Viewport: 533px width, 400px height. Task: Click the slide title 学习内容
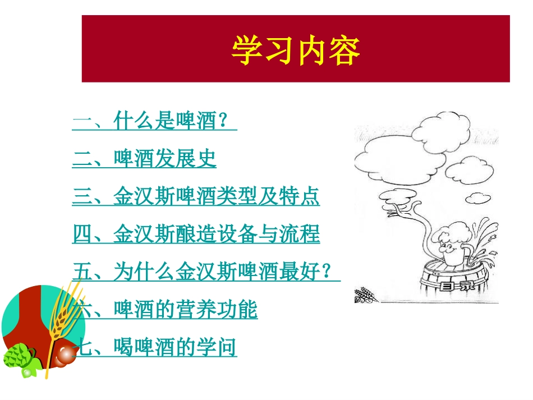coord(295,51)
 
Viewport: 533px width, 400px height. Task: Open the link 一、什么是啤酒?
coord(154,122)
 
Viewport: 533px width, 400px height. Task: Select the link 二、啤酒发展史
coord(144,159)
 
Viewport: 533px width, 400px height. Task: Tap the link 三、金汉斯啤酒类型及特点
coord(196,197)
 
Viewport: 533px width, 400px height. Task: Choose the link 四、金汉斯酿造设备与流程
coord(196,234)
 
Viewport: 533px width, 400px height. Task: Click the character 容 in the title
coord(343,51)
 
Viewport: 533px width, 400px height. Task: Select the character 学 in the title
coord(247,51)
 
